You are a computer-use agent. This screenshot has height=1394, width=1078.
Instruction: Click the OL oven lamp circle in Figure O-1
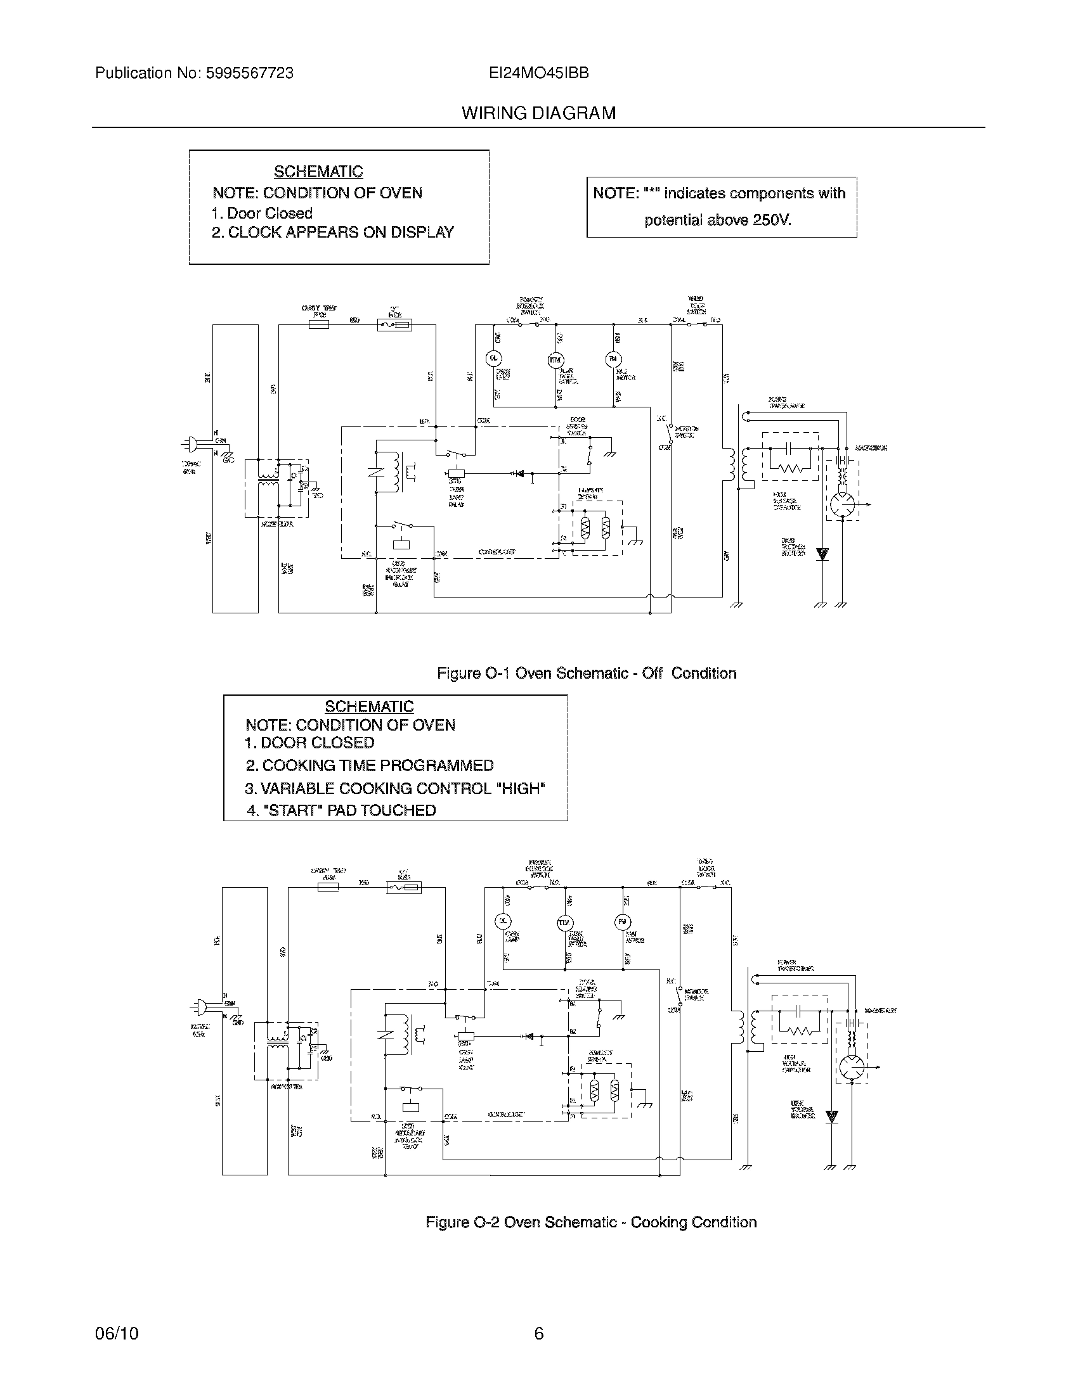point(493,359)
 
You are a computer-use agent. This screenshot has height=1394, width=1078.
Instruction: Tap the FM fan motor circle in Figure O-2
point(621,922)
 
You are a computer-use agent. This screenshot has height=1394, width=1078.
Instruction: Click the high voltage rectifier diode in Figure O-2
point(831,1116)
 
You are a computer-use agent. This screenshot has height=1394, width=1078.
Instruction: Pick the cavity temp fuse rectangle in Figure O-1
point(320,324)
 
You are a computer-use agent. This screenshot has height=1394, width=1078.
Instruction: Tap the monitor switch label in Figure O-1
point(686,432)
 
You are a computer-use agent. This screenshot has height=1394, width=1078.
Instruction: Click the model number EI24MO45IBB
point(538,74)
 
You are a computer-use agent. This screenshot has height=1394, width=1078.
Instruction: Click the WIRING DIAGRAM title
point(538,113)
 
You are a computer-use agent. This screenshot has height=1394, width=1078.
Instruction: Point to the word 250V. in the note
point(772,221)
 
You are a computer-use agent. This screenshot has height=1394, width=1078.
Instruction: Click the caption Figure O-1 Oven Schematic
point(586,673)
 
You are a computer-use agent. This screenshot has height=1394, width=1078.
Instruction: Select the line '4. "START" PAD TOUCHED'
point(342,810)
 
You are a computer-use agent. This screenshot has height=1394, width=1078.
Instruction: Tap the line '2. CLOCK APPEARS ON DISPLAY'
point(333,233)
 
